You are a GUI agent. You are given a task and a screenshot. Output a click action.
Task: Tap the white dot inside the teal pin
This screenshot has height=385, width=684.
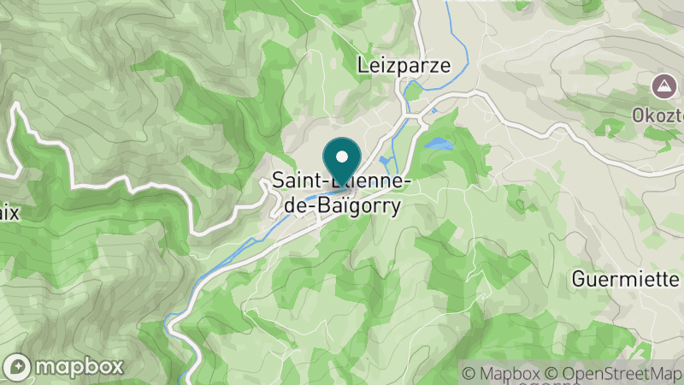point(342,157)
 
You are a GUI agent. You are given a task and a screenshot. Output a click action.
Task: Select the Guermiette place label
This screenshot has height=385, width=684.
point(627,280)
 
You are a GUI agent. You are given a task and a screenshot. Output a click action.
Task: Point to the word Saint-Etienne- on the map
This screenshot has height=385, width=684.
point(344,181)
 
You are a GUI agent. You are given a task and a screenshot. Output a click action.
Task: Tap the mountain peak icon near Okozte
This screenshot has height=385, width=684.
point(662,86)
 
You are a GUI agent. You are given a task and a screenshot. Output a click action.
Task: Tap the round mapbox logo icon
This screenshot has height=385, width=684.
point(18,366)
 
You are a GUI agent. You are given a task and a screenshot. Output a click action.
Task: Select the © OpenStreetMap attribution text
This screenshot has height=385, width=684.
point(614,373)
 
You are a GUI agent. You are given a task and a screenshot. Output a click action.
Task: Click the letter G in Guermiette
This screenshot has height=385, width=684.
point(578,280)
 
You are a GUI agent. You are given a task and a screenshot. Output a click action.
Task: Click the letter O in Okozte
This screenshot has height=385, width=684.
point(640,114)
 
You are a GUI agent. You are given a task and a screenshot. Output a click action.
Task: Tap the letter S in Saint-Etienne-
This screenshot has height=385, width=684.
point(279,181)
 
